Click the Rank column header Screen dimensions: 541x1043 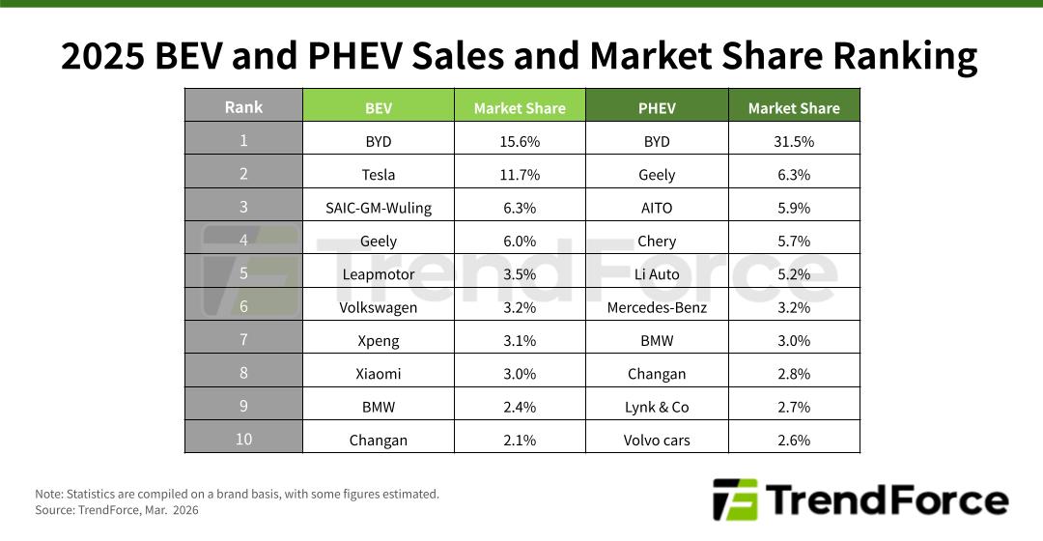[x=243, y=106]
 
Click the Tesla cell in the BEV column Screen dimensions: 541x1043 [x=379, y=175]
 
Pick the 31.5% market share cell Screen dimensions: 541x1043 [x=794, y=141]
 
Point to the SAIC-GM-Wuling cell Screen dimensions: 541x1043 [x=379, y=208]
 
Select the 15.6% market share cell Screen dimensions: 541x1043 [x=520, y=141]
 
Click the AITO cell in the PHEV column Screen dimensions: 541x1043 [x=657, y=208]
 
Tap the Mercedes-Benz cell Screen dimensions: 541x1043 [x=657, y=307]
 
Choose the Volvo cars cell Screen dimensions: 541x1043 [x=657, y=440]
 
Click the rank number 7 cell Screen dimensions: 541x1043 [x=243, y=339]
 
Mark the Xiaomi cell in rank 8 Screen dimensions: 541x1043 [x=379, y=373]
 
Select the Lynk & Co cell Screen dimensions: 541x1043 [x=657, y=407]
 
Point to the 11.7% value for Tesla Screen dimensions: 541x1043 [x=520, y=175]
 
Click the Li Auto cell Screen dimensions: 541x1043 [x=657, y=274]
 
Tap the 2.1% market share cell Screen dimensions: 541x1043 [x=520, y=440]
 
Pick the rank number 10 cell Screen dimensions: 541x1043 [x=243, y=439]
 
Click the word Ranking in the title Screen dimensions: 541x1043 [x=904, y=56]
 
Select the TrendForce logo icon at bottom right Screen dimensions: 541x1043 [x=735, y=499]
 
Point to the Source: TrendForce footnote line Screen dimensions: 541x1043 [x=117, y=509]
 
